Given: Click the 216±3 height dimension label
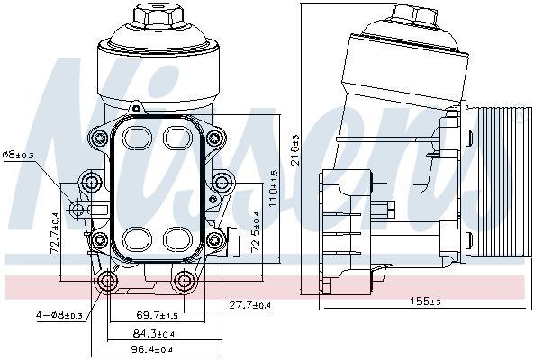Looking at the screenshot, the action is coord(295,149).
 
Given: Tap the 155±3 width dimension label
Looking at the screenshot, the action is coord(425,301).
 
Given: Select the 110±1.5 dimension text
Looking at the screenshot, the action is coord(274,188).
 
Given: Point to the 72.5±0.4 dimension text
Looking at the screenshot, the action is coord(256,232).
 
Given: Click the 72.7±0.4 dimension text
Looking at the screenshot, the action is coord(55,233).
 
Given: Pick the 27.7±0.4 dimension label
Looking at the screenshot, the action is coord(250,305).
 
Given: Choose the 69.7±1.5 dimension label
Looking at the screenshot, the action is coord(157,315).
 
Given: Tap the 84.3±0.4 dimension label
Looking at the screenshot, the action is coord(154,334).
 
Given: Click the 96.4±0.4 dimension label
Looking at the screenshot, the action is coord(152,349).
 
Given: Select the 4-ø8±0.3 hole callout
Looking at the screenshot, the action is coord(59,315).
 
